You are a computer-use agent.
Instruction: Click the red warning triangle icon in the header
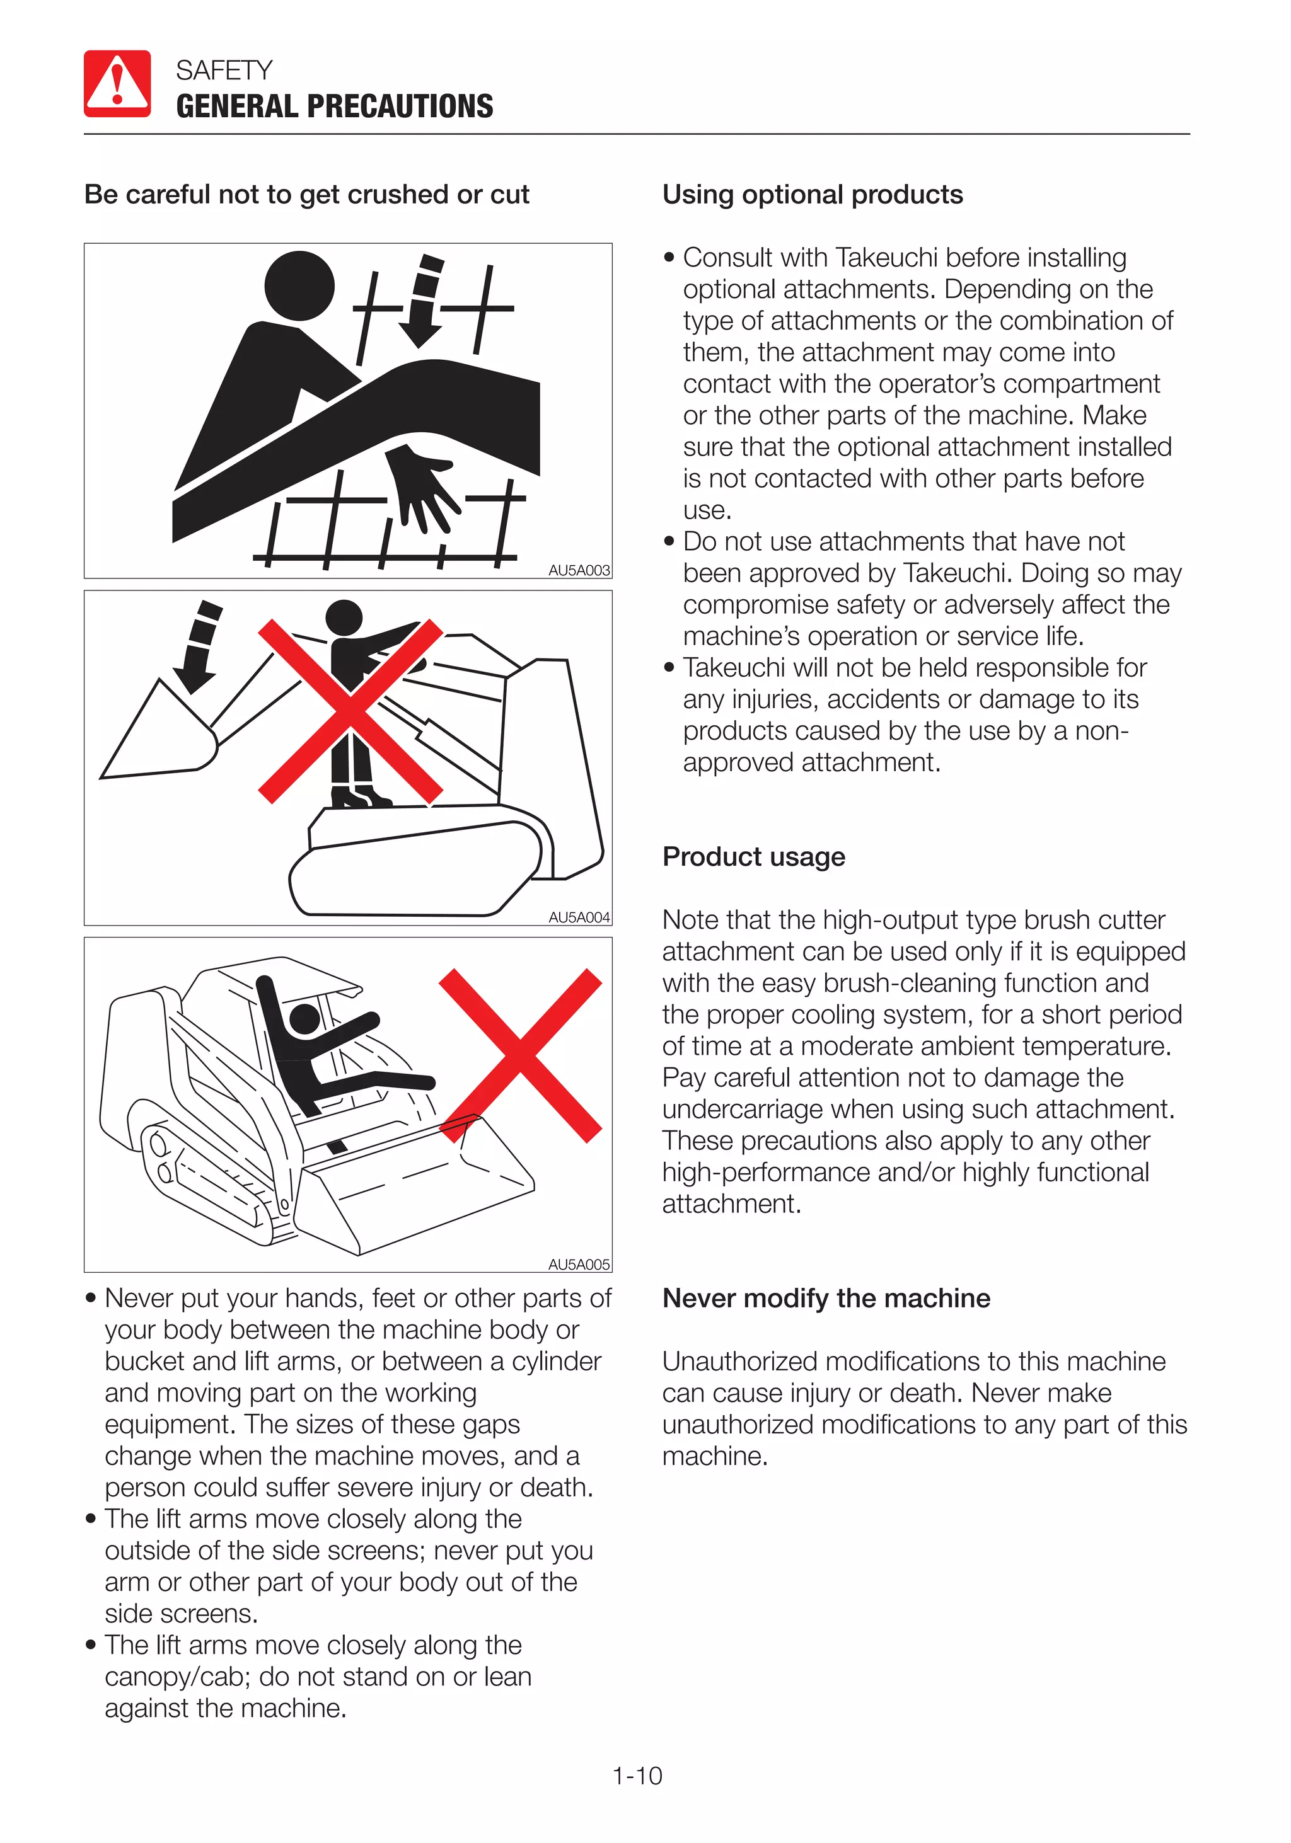point(117,83)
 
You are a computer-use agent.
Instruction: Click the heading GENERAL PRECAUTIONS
point(334,106)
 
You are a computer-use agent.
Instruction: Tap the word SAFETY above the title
point(224,71)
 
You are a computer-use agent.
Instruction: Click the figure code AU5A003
point(579,570)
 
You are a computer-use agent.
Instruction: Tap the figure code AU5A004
point(579,917)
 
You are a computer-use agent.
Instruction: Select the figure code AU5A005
point(579,1264)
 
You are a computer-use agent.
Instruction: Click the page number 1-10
point(637,1776)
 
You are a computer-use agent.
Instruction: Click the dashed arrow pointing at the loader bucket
point(199,647)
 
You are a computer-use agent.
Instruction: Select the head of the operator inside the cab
point(304,1019)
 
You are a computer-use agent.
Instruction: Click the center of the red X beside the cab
point(520,1055)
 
